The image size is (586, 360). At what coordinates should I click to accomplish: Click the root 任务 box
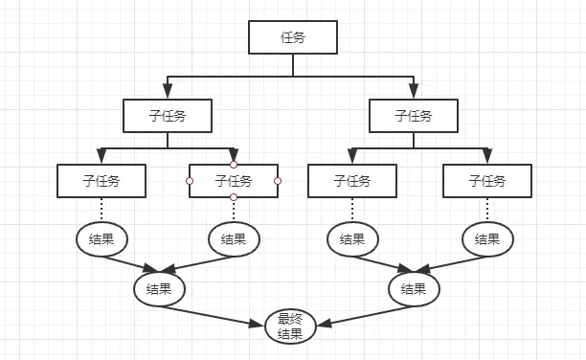point(293,37)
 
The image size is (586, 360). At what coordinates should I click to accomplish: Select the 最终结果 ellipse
point(290,326)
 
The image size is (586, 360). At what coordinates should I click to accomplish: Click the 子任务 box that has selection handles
point(234,180)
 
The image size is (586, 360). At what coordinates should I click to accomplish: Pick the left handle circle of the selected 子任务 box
point(190,181)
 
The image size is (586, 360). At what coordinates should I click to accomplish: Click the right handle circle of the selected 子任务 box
point(278,181)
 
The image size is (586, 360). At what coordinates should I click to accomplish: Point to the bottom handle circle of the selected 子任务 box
point(234,197)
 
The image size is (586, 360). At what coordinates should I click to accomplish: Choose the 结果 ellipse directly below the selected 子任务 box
point(234,239)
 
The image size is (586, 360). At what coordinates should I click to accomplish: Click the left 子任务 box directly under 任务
point(168,116)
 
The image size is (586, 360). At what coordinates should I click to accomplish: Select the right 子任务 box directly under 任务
point(414,116)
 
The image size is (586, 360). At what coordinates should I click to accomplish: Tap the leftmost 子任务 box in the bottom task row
point(101,180)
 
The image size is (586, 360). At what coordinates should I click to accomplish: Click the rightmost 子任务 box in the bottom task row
point(487,180)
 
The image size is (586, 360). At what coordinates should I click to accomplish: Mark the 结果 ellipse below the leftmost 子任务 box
point(101,239)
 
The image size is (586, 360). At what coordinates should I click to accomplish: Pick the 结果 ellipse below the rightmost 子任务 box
point(487,239)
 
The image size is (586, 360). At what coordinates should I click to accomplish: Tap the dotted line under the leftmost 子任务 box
point(101,210)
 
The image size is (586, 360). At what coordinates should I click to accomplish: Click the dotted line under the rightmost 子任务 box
point(487,210)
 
